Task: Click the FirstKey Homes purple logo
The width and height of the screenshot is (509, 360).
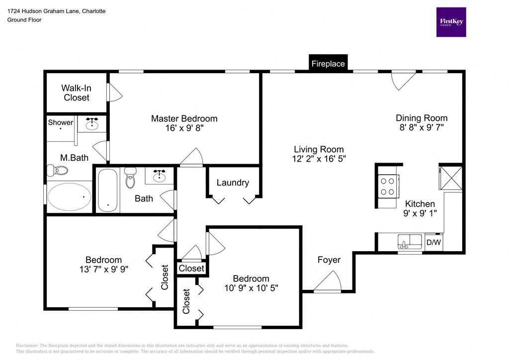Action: (451, 22)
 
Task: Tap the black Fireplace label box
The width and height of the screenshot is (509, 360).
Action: (328, 64)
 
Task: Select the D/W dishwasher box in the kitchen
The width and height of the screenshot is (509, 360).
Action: (434, 243)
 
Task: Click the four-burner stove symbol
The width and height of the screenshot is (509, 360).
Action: (387, 187)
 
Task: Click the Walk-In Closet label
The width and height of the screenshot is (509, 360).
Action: (77, 93)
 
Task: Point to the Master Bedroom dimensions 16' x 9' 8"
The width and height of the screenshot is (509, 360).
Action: (184, 128)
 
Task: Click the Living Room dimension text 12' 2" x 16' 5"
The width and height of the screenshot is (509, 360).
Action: (319, 159)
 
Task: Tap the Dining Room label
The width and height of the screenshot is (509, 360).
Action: (422, 118)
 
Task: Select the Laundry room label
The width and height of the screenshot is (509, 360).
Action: (233, 182)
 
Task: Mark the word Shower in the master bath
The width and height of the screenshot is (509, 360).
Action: (61, 122)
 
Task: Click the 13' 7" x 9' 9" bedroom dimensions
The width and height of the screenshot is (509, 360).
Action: (103, 270)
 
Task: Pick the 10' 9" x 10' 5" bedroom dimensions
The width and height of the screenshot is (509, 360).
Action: (251, 288)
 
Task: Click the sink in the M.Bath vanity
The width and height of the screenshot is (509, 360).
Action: (92, 124)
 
